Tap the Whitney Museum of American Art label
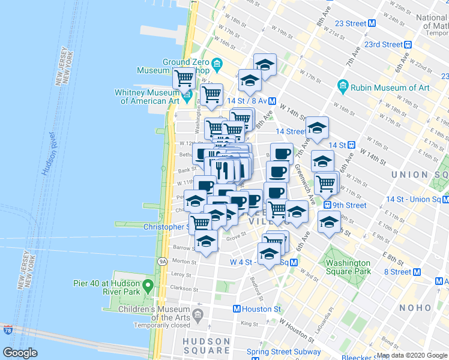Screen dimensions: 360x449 coord(147,97)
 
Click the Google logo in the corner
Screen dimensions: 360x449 coord(20,353)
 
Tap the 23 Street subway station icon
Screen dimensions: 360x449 coord(372,23)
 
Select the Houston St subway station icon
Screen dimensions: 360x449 coord(237,309)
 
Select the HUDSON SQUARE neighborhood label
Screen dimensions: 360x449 coord(206,346)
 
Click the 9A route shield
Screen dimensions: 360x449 coord(162,262)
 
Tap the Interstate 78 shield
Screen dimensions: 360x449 coord(7,330)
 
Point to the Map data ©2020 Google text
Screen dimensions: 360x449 coord(411,355)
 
